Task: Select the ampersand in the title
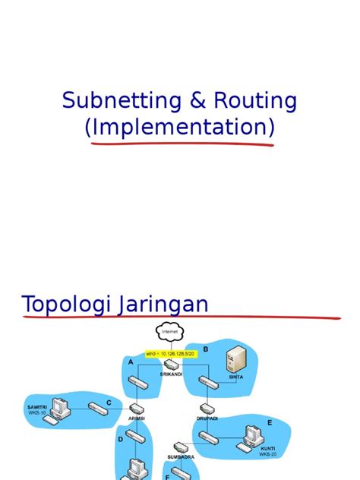tap(178, 100)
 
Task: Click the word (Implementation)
tap(179, 128)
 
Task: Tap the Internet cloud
tap(169, 332)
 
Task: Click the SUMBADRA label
tap(180, 457)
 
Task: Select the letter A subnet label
tap(131, 362)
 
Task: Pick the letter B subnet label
tap(205, 349)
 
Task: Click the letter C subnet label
tap(109, 403)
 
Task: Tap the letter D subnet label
tap(120, 439)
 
